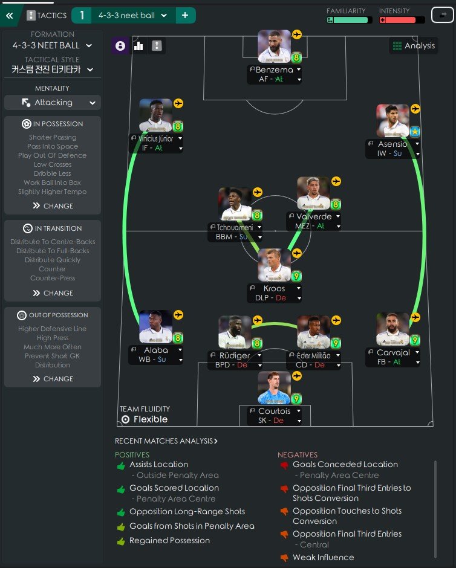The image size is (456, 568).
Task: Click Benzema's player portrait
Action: coord(274,46)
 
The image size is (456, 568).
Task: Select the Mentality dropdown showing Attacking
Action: coord(53,103)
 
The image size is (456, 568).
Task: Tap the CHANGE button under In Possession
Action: coord(53,206)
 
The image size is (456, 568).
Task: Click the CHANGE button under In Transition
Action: coord(53,293)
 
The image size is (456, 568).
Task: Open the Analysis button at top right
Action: coord(414,46)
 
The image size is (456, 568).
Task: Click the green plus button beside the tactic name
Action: coord(186,15)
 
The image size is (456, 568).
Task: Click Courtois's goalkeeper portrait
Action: coord(274,387)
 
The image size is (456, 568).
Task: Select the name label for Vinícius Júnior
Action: coord(152,139)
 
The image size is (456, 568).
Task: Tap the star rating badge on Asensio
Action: coord(415,131)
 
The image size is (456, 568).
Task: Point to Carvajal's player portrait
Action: coord(392,329)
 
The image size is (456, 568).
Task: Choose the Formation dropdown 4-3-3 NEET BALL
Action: coord(53,45)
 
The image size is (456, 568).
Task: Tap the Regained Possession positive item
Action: coord(169,541)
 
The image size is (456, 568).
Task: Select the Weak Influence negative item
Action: coord(323,557)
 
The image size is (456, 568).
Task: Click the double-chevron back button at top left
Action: coord(9,15)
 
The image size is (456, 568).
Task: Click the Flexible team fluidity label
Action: coord(150,419)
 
